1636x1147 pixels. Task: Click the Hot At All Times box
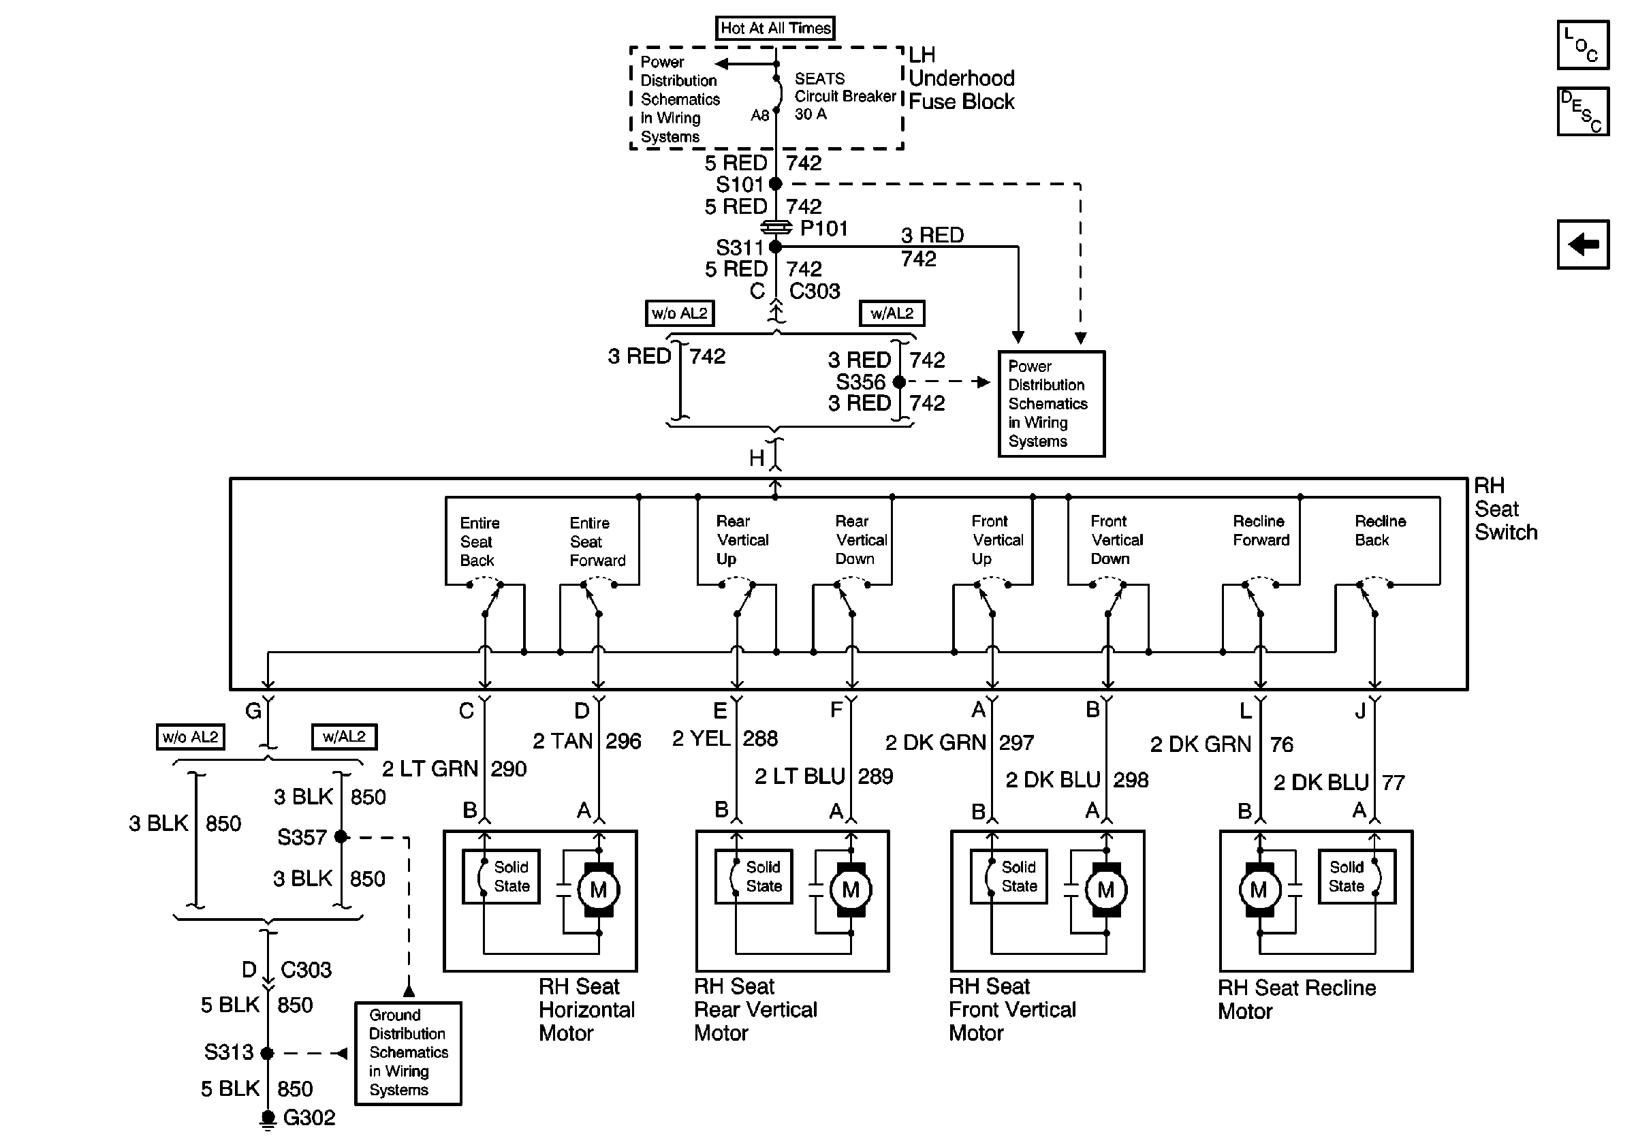(774, 28)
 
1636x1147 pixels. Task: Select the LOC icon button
(1583, 45)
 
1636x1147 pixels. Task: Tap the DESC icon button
(1583, 111)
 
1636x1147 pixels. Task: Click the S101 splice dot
(776, 184)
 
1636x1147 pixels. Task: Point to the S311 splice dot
(776, 247)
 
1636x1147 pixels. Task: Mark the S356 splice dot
(899, 382)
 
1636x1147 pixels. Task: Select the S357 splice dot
(341, 836)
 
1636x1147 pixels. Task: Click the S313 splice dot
(267, 1053)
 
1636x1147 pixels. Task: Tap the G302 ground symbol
(267, 1120)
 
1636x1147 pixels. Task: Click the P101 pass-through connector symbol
(776, 227)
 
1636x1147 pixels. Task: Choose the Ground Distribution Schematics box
(408, 1054)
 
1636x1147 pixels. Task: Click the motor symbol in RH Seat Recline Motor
(1259, 889)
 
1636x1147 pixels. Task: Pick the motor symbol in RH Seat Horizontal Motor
(599, 889)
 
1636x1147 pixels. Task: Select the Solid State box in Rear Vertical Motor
(754, 877)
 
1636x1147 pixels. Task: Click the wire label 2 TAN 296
(587, 741)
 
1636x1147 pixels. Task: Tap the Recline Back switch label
(1380, 531)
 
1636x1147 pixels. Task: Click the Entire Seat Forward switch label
(597, 541)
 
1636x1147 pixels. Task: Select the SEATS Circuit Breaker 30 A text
(845, 96)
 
